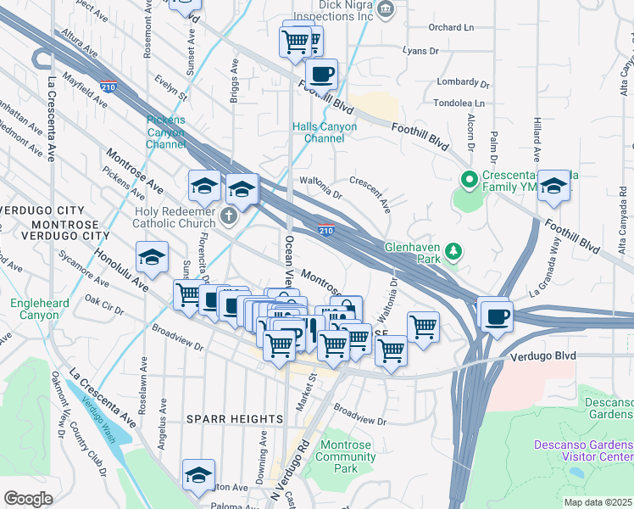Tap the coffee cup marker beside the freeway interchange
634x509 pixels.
click(497, 316)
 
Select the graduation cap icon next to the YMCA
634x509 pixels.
click(554, 187)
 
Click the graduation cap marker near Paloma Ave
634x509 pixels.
click(198, 476)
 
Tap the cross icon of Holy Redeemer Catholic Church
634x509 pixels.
click(227, 217)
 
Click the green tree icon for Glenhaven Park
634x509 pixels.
click(454, 250)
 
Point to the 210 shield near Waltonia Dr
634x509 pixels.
click(326, 229)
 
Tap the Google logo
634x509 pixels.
click(28, 499)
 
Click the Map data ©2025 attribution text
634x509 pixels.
click(598, 502)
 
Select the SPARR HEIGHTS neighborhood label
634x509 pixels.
click(234, 419)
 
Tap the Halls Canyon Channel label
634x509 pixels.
click(325, 132)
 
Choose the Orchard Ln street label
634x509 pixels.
click(449, 26)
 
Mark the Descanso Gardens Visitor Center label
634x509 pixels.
click(583, 451)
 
